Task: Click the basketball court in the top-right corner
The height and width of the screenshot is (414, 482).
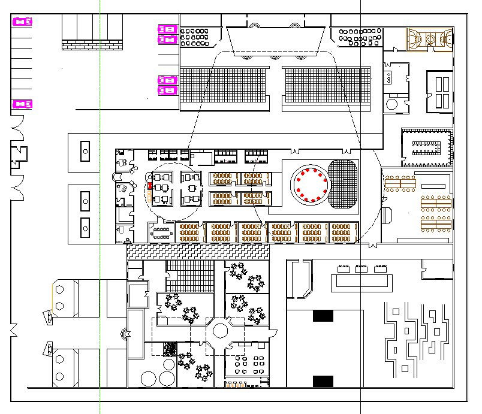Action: click(x=429, y=39)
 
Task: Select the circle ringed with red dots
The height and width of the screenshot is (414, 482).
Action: click(x=309, y=184)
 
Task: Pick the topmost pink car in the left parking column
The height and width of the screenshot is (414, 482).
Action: click(x=22, y=22)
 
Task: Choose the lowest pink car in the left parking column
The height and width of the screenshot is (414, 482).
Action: click(x=22, y=104)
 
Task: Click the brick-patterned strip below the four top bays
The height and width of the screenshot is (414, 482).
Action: click(x=92, y=45)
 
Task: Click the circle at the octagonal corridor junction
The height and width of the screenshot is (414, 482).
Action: click(x=219, y=330)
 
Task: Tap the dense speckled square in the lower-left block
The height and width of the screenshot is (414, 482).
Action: click(x=170, y=348)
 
